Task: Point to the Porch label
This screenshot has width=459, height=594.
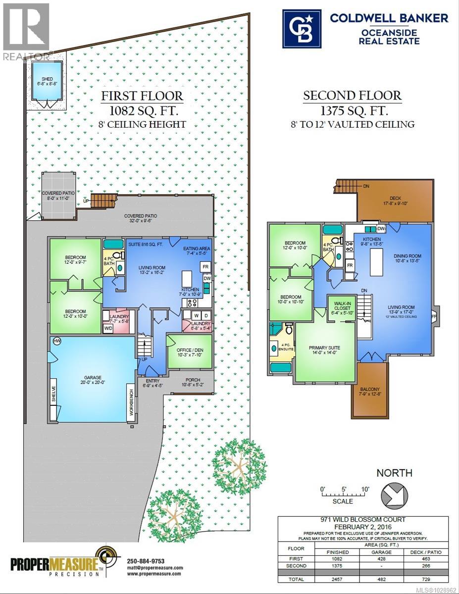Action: [193, 381]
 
